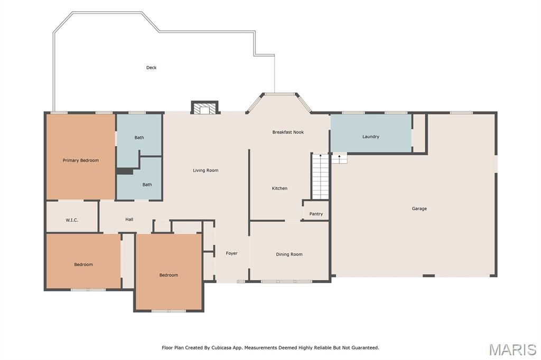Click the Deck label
152,68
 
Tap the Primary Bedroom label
81,160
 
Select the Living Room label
206,170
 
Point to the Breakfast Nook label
288,132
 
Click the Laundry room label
371,137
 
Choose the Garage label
419,209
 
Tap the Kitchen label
279,188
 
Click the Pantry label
316,214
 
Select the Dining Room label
289,254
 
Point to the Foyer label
231,253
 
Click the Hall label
129,219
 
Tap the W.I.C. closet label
72,220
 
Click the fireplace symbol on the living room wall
205,108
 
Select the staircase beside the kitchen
321,176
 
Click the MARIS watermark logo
512,349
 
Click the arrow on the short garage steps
340,158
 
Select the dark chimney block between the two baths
125,172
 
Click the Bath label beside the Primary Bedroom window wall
139,138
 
